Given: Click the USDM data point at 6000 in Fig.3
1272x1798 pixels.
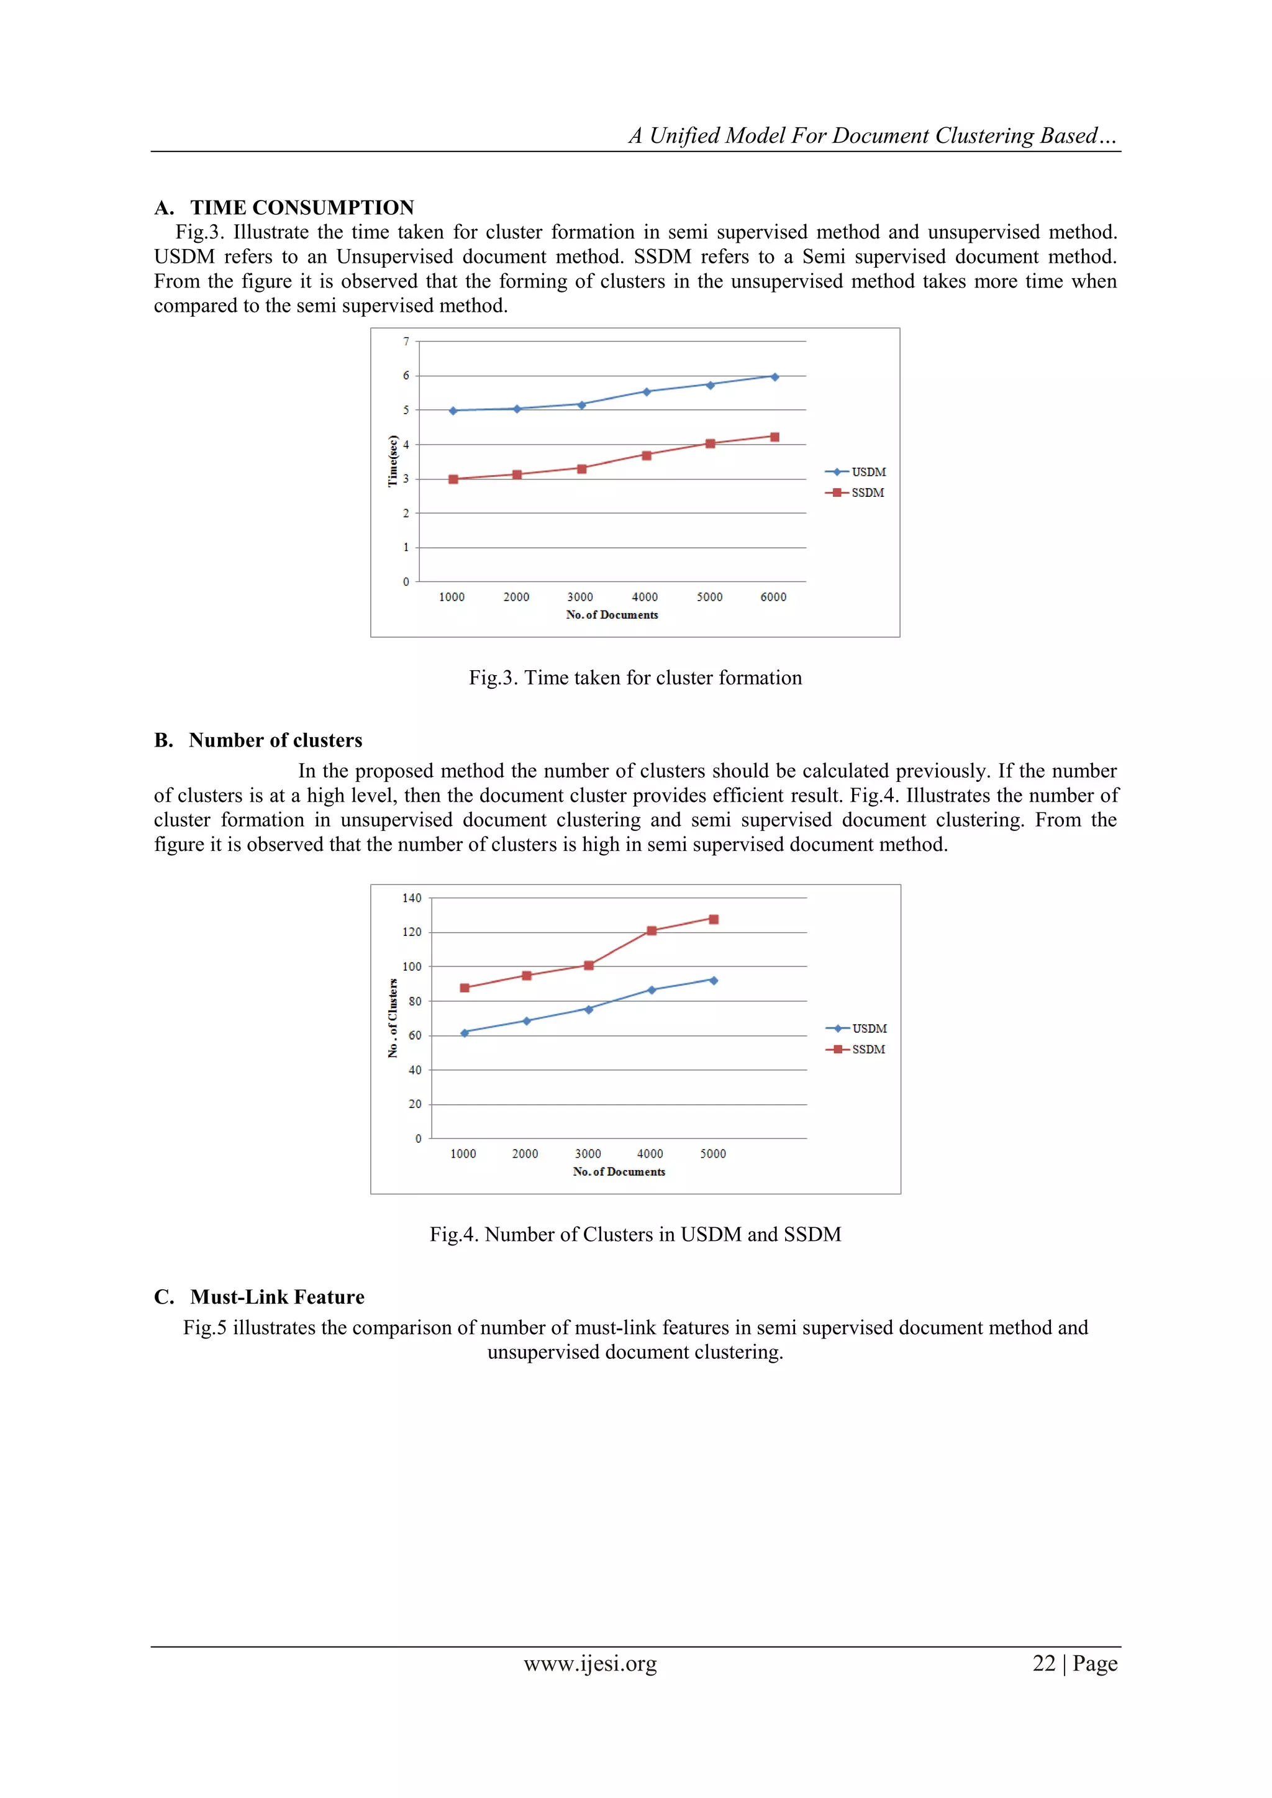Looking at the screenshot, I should point(775,376).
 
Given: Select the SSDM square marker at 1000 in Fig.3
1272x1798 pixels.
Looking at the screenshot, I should point(453,479).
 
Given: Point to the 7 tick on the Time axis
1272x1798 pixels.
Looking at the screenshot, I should point(406,342).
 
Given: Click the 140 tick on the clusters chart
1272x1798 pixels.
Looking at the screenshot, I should point(412,898).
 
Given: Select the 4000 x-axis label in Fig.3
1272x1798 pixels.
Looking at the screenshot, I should point(645,597).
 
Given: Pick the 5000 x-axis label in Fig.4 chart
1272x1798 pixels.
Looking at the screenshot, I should point(713,1153).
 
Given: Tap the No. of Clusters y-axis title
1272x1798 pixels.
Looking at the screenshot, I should point(393,1018).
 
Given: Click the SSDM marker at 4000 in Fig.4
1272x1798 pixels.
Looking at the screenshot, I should point(652,930).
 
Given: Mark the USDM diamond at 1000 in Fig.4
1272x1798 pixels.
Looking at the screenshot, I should point(465,1033).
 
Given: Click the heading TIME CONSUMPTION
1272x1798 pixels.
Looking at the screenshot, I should point(302,207).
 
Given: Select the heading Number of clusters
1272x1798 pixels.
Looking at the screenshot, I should point(275,740).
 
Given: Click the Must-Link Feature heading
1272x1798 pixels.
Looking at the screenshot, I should point(276,1297).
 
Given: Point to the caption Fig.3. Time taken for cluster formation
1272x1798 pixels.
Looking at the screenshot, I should point(635,678).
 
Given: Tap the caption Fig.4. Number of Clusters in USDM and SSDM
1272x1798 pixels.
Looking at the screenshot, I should point(635,1234).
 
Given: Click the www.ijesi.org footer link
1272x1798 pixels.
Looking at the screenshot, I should point(590,1663).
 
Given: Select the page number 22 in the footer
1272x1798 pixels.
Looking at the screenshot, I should point(1044,1663).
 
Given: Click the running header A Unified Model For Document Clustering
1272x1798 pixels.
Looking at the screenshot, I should point(872,135).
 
